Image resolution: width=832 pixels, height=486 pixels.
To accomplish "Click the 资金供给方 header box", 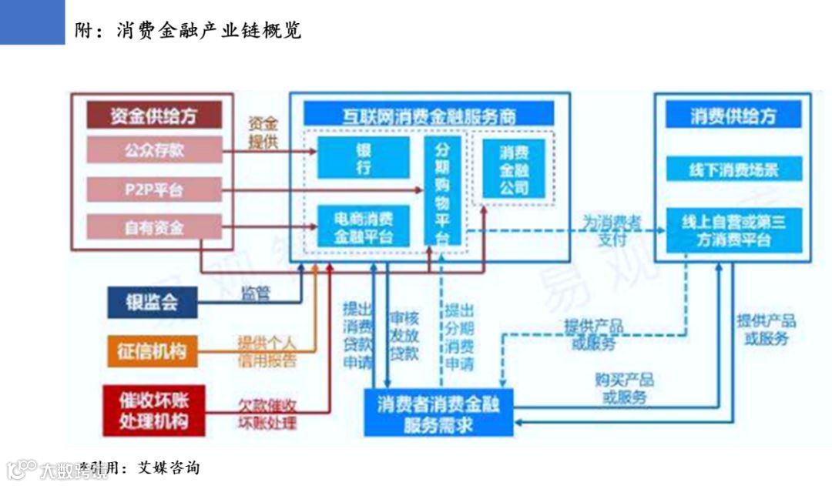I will pos(153,116).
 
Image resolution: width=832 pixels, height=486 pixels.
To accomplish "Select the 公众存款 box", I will pos(153,149).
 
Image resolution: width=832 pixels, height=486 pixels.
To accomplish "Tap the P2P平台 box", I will pos(153,189).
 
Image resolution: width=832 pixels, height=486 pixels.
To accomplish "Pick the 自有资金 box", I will pos(153,227).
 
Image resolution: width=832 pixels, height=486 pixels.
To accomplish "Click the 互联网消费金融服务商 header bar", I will pos(428,116).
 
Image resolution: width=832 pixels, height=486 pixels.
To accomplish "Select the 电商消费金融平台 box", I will pos(363,226).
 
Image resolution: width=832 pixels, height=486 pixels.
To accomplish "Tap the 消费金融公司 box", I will pos(514,169).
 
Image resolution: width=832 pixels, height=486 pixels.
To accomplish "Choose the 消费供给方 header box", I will pos(733,116).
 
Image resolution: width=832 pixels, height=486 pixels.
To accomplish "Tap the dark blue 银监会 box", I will pos(152,301).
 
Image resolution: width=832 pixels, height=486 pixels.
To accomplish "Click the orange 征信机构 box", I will pos(152,350).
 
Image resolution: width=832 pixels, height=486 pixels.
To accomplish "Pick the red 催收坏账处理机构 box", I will pos(152,411).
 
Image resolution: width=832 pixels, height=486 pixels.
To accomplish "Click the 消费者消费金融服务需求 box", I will pos(438,414).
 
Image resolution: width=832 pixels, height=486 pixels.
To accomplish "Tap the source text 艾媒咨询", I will pos(168,468).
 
